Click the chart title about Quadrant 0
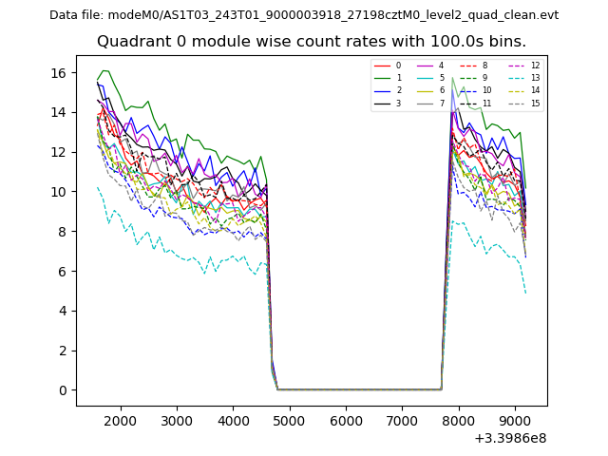click(x=324, y=42)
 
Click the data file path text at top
click(x=304, y=15)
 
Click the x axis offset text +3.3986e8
click(x=509, y=438)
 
